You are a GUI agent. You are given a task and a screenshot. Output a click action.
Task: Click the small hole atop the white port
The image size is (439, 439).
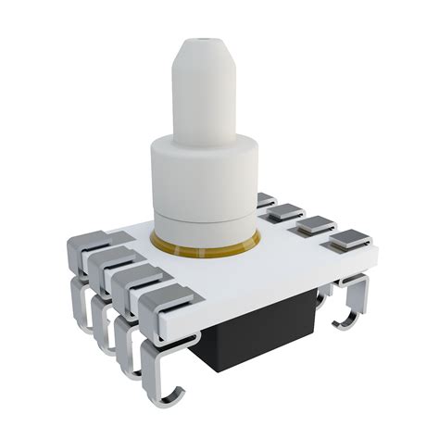coord(203,43)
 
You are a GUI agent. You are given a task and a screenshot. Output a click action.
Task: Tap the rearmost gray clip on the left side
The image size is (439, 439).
coord(90,243)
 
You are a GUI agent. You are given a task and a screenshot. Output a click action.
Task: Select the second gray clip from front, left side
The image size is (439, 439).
coord(139,282)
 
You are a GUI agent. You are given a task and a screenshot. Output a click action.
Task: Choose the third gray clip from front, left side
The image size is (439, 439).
coord(113,262)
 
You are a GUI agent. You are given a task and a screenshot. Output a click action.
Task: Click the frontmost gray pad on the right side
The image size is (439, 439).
coord(348,241)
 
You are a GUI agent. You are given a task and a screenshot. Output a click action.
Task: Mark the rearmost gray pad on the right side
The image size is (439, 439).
coord(267,200)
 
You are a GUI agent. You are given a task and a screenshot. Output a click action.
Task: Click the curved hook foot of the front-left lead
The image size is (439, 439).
coord(172,394)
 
